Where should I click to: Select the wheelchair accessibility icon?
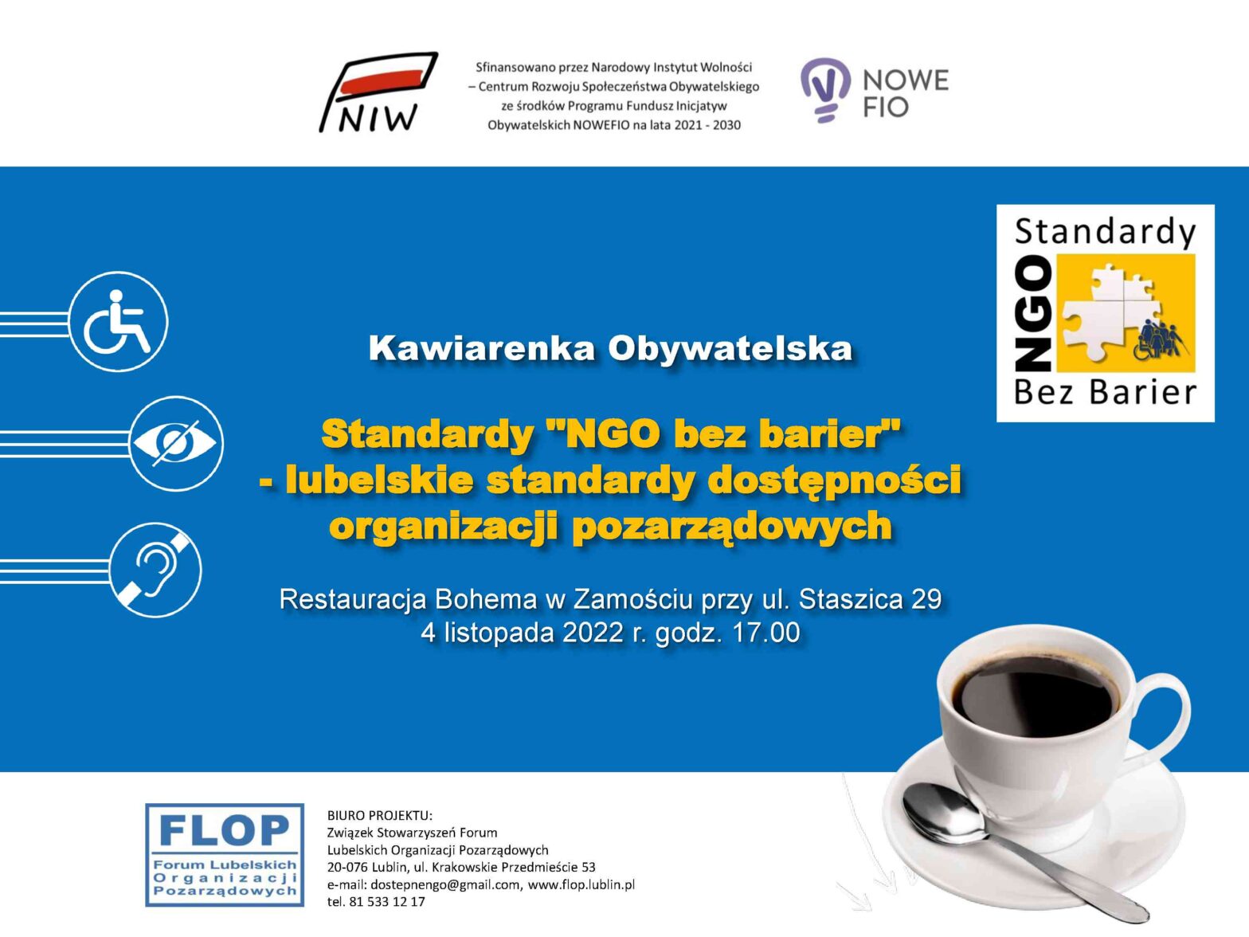point(118,322)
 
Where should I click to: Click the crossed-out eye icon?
point(175,443)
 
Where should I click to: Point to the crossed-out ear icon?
point(155,570)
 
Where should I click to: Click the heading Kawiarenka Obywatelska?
point(610,349)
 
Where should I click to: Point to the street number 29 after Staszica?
point(926,599)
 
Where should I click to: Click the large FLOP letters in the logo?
point(225,831)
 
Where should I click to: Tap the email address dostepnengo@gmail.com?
point(445,884)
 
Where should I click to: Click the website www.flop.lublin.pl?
point(581,884)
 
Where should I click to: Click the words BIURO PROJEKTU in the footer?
point(379,815)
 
